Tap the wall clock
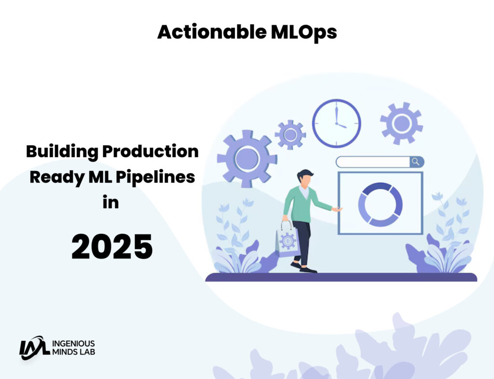point(336,122)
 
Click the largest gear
point(247,158)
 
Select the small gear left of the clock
point(290,135)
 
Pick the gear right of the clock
point(401,123)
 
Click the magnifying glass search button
point(416,162)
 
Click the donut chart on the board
point(380,204)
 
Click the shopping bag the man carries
point(288,240)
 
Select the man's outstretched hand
point(337,210)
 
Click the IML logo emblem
point(34,347)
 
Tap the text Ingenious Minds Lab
point(73,347)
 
